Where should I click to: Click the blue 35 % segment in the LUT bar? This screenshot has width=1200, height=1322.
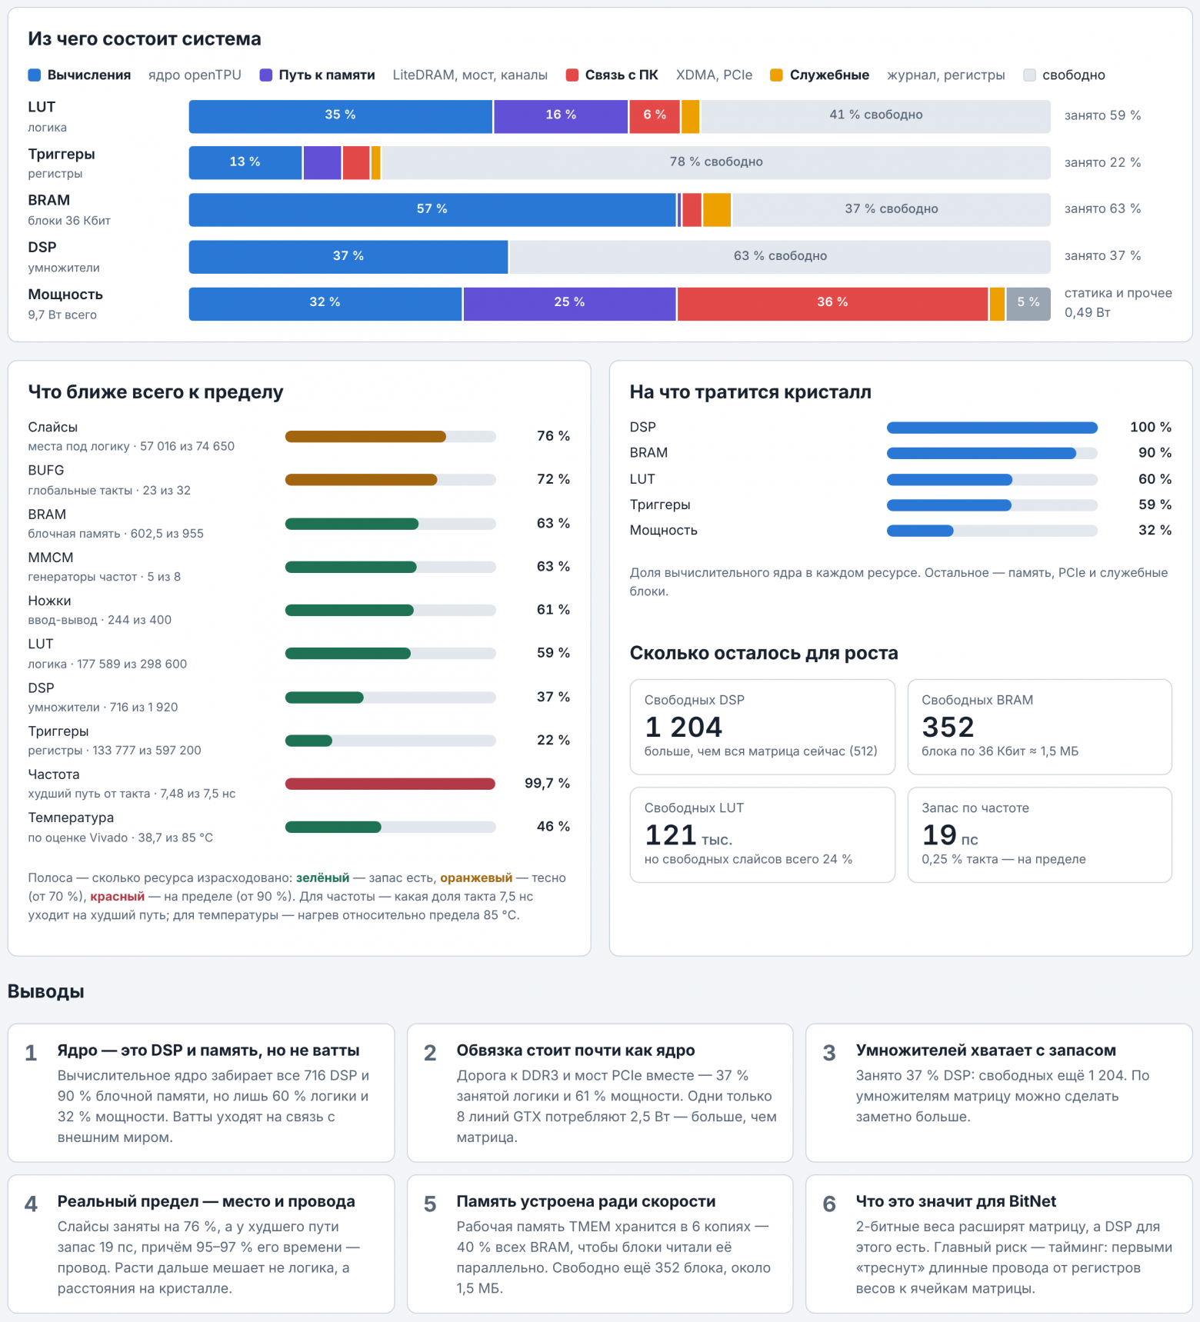(341, 116)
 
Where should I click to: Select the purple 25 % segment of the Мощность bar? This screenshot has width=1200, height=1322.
(569, 304)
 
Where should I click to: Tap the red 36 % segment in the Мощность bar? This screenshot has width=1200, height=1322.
(832, 304)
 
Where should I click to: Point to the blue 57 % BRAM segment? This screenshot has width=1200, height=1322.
(432, 210)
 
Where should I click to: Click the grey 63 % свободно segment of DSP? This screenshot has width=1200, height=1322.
(780, 257)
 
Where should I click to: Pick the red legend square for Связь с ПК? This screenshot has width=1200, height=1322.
(572, 75)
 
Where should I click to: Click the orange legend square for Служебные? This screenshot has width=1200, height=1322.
(776, 75)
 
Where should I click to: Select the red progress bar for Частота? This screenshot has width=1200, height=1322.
(390, 784)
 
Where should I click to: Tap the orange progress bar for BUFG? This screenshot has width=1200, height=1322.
(361, 480)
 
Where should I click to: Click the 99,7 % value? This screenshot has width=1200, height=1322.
(547, 783)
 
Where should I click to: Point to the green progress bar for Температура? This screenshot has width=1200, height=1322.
(333, 827)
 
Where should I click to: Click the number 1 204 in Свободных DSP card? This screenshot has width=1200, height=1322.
(684, 727)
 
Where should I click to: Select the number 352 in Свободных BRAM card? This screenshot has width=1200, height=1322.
(948, 727)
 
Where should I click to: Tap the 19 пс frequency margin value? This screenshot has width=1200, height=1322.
(950, 835)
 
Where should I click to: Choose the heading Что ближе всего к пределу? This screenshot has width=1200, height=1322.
(155, 392)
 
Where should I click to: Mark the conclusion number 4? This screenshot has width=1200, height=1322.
(31, 1204)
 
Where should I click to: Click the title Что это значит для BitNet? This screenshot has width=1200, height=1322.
(956, 1201)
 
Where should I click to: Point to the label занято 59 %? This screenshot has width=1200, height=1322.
(1102, 115)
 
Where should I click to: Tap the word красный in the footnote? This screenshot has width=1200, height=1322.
(117, 897)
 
